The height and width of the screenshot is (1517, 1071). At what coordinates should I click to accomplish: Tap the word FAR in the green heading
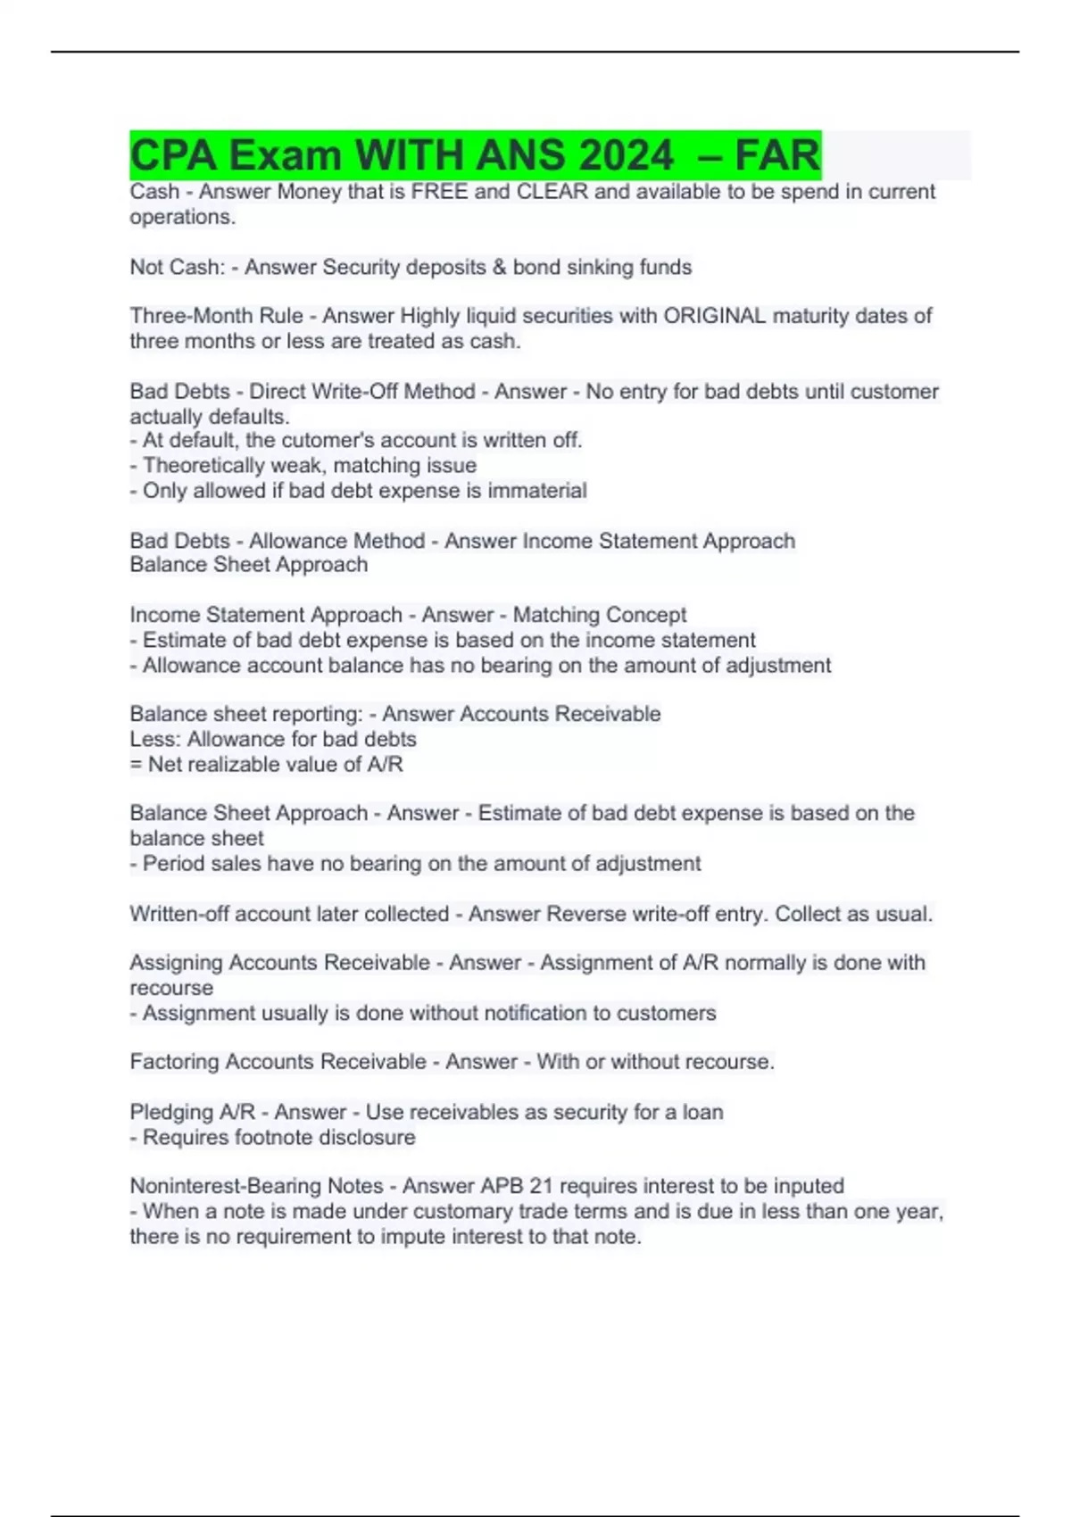click(x=777, y=155)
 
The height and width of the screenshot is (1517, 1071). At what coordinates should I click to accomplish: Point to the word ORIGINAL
click(x=714, y=316)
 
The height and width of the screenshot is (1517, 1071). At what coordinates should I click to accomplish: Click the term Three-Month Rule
click(x=217, y=316)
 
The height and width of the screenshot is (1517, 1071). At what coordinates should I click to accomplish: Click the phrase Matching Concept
click(x=599, y=615)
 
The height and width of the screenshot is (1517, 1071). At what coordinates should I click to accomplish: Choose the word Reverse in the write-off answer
click(x=582, y=914)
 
